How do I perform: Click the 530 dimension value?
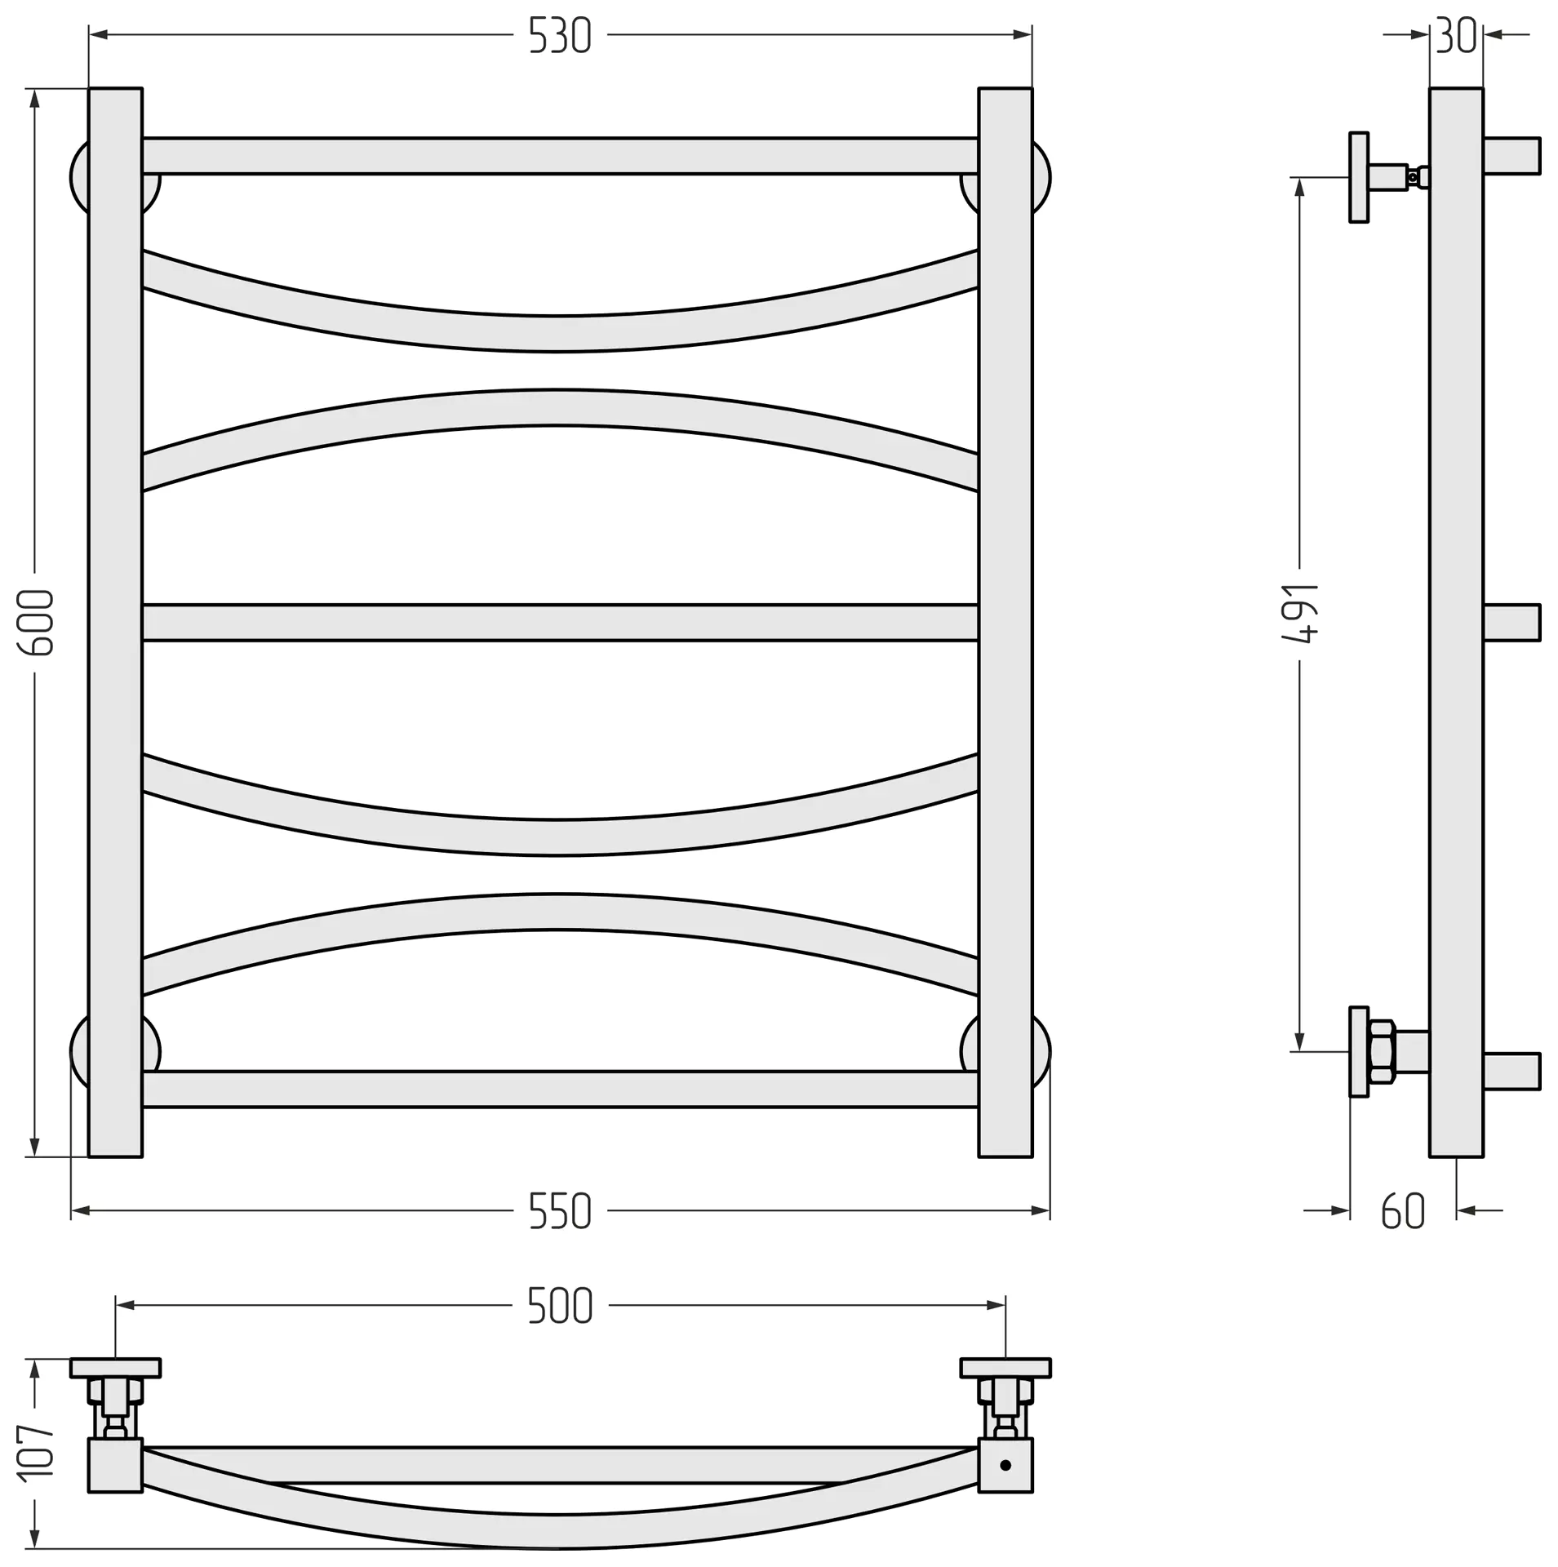pyautogui.click(x=560, y=36)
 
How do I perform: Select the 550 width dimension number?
pyautogui.click(x=560, y=1211)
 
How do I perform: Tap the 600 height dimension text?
pyautogui.click(x=36, y=623)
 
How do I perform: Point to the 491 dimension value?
pyautogui.click(x=1300, y=614)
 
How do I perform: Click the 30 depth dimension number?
pyautogui.click(x=1456, y=36)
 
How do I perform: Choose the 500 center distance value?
pyautogui.click(x=560, y=1306)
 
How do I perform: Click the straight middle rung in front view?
pyautogui.click(x=560, y=623)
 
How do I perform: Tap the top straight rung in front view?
pyautogui.click(x=560, y=156)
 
